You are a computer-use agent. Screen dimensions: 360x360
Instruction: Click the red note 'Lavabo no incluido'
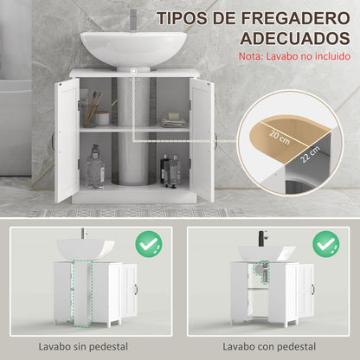tap(292, 58)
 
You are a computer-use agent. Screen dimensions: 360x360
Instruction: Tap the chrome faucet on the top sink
tap(133, 19)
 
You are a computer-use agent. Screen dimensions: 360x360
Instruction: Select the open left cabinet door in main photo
tap(67, 138)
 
